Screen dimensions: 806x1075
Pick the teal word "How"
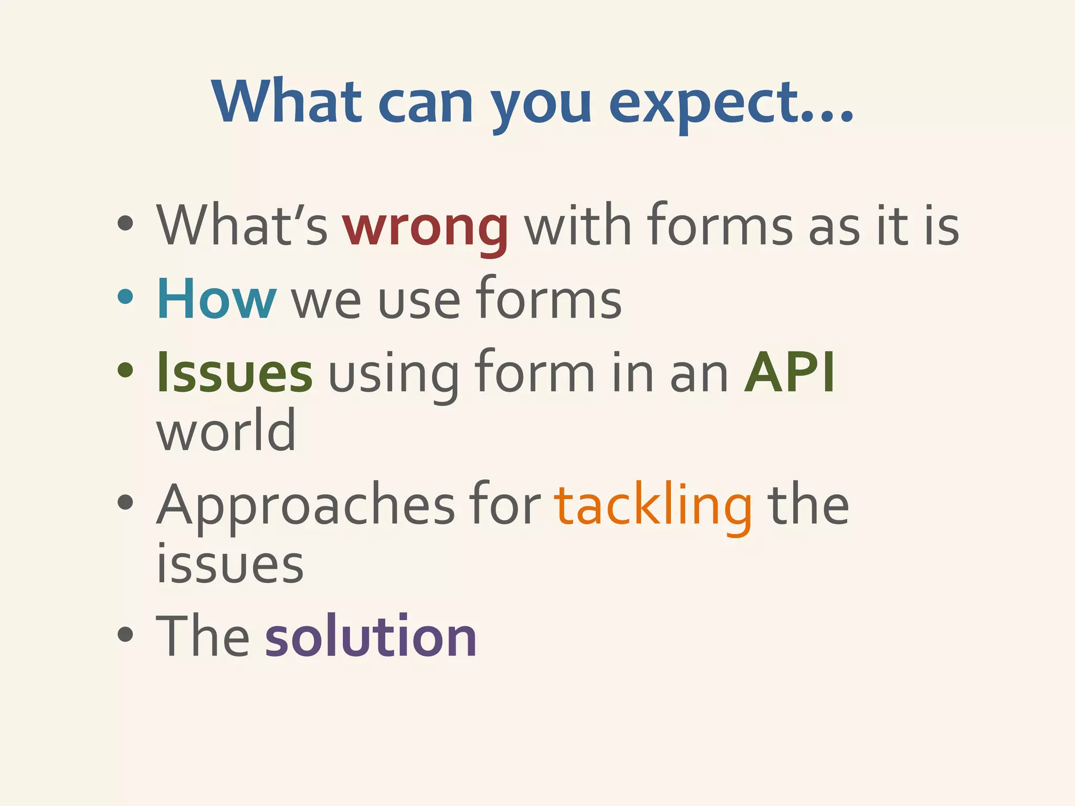click(x=216, y=299)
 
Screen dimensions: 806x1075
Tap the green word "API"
click(x=789, y=373)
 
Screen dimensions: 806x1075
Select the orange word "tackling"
click(x=653, y=506)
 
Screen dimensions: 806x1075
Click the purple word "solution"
click(x=371, y=637)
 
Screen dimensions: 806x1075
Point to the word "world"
click(x=226, y=430)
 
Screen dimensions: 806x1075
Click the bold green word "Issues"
click(x=235, y=373)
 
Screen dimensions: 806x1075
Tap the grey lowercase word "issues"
click(x=230, y=564)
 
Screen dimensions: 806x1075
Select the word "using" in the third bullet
click(x=394, y=375)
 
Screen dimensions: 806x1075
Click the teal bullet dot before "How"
click(x=125, y=297)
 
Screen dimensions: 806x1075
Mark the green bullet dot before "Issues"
click(x=125, y=370)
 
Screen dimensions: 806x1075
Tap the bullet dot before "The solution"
click(x=125, y=634)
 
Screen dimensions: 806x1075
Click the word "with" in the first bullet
click(x=577, y=226)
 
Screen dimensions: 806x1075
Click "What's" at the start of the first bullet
click(x=242, y=226)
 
